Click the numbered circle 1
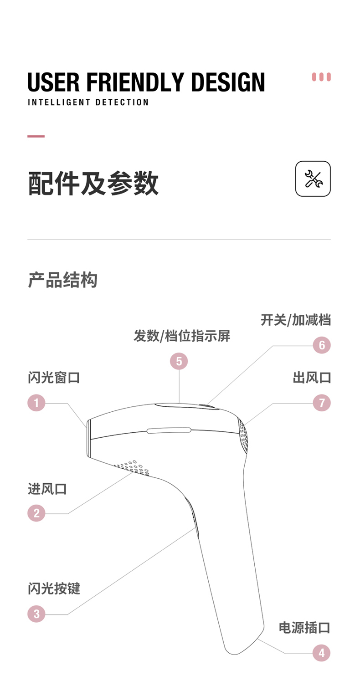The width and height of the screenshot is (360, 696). click(x=36, y=403)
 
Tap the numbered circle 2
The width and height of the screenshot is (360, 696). click(x=36, y=513)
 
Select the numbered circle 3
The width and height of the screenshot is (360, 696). click(x=36, y=614)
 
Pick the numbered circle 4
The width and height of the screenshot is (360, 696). click(x=321, y=653)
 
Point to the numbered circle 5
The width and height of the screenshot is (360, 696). click(x=179, y=362)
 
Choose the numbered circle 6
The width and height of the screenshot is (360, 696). click(x=322, y=345)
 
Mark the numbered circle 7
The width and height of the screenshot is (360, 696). click(x=322, y=403)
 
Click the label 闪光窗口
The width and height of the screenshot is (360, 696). click(x=54, y=378)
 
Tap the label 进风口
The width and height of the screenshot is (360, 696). click(x=47, y=489)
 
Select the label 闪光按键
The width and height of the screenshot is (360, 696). click(x=54, y=589)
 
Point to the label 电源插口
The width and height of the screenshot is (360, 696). click(x=304, y=628)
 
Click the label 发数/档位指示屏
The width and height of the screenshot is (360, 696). click(x=182, y=336)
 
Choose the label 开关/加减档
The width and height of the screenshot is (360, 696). click(x=296, y=320)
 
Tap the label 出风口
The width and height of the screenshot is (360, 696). click(x=312, y=378)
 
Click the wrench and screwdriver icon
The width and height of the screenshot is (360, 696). click(x=313, y=179)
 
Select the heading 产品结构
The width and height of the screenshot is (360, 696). click(x=62, y=280)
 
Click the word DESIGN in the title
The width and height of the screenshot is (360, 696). click(x=228, y=82)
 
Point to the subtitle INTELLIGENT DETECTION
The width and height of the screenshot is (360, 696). click(x=88, y=102)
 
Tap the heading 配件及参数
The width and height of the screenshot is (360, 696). click(x=93, y=183)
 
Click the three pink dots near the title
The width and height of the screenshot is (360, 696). click(x=321, y=77)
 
